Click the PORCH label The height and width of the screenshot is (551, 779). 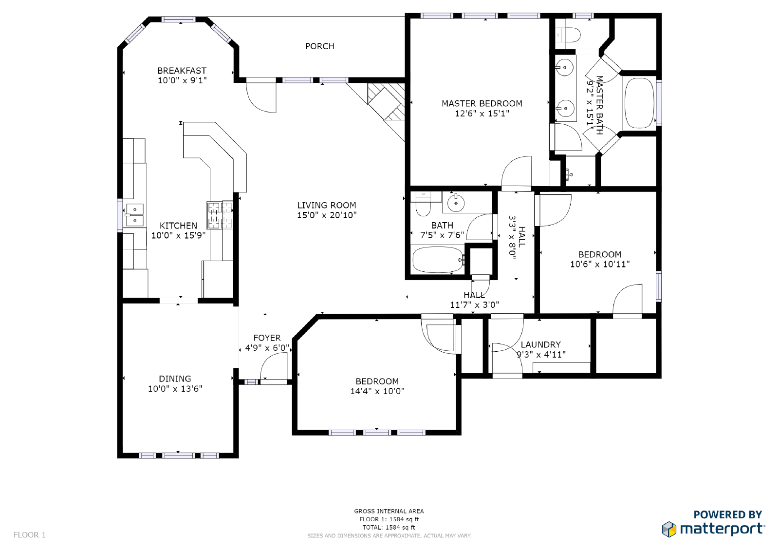319,46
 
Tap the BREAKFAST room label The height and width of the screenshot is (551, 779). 182,71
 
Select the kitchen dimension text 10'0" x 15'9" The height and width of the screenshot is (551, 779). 178,236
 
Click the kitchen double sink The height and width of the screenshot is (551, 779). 135,215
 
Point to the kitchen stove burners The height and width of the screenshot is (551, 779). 220,215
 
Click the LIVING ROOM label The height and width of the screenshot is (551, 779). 326,206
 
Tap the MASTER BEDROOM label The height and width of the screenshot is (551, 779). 482,103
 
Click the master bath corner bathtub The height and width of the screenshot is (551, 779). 639,103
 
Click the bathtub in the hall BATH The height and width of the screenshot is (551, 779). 437,260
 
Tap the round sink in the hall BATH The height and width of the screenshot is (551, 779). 456,203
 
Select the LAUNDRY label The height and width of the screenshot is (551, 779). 540,344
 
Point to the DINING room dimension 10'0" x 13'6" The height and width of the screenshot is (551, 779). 175,389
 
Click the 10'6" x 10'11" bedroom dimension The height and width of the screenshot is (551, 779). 600,264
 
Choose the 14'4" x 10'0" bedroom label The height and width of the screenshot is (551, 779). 377,381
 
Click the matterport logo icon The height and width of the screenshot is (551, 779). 669,529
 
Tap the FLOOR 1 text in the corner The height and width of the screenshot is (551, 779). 30,535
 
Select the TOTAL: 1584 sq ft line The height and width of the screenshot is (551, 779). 389,527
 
